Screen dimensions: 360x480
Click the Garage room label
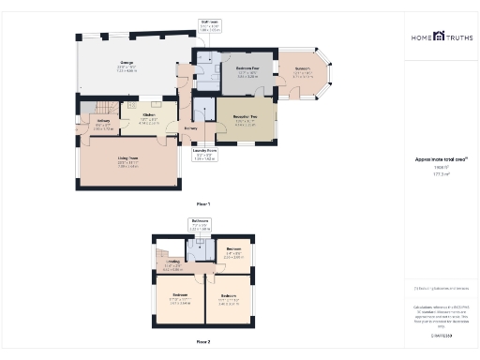click(x=127, y=67)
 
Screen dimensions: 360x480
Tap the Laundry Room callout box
click(x=204, y=152)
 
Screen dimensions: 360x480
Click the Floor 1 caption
click(x=202, y=202)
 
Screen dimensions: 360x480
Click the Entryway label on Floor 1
click(x=190, y=127)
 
